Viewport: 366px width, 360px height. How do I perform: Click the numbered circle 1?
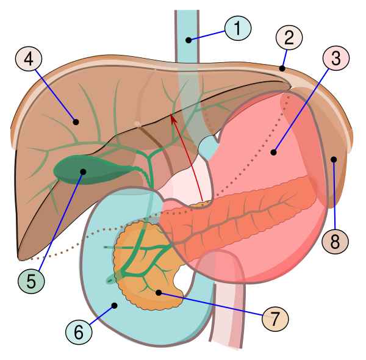[x=238, y=28]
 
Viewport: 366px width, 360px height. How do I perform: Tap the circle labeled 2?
[x=289, y=38]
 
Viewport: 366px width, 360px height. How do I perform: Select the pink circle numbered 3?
[x=336, y=58]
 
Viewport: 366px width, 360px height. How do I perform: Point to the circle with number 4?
[x=29, y=59]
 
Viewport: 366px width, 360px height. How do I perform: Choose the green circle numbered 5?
[x=31, y=281]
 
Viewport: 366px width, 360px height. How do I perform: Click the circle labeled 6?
[x=79, y=331]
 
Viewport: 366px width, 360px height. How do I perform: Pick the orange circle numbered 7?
[x=275, y=319]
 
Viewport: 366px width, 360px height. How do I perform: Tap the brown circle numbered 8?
[x=335, y=242]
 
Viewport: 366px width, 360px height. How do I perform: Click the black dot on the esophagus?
[x=188, y=40]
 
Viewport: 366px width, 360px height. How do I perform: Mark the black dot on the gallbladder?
[x=83, y=172]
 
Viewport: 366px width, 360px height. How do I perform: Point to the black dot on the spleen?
[x=334, y=159]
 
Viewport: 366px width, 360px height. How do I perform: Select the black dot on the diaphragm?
[x=282, y=68]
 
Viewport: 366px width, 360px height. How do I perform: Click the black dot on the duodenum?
[x=115, y=305]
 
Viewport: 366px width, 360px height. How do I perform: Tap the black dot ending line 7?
[x=159, y=292]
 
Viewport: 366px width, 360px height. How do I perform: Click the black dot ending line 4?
[x=76, y=122]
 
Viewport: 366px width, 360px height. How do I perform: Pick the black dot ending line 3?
[x=273, y=153]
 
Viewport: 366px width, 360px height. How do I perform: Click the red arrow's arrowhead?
[x=173, y=118]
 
